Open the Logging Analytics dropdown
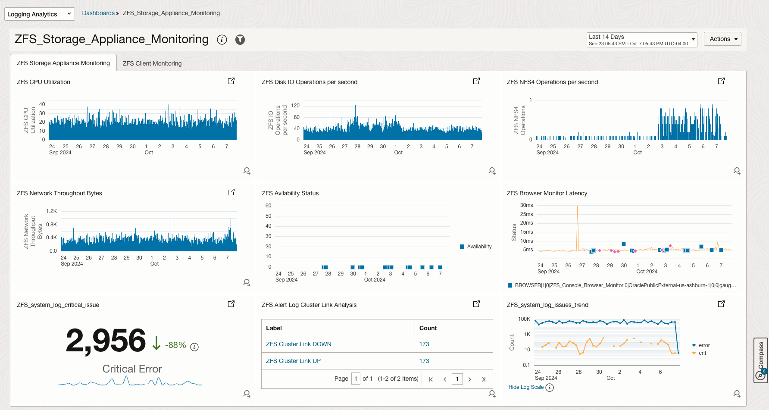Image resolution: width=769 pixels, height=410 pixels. click(39, 14)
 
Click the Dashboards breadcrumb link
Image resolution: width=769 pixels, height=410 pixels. click(98, 13)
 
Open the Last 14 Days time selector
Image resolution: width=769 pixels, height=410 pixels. click(641, 40)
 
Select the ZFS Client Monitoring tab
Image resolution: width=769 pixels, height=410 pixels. click(152, 63)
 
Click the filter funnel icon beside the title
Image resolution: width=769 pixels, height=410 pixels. click(240, 40)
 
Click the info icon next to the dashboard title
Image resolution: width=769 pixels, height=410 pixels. click(222, 40)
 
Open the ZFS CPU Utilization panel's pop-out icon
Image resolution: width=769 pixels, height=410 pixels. click(231, 81)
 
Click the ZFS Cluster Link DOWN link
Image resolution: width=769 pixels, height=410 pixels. click(298, 344)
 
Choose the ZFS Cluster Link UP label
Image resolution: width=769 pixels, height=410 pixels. click(293, 361)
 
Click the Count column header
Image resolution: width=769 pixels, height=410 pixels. click(428, 328)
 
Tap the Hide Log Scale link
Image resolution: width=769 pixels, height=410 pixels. click(526, 387)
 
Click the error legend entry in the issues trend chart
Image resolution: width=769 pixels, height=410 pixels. click(704, 345)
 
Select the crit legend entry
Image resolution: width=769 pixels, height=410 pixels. click(702, 353)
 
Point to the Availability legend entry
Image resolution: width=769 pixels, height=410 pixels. click(479, 247)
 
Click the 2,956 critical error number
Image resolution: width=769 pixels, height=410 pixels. click(106, 341)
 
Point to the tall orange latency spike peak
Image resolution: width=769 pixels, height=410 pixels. click(578, 207)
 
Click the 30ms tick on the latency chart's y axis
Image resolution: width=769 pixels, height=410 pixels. click(526, 205)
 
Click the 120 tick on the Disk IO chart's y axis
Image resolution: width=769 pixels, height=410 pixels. click(295, 106)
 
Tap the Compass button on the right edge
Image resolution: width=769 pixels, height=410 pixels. click(761, 360)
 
